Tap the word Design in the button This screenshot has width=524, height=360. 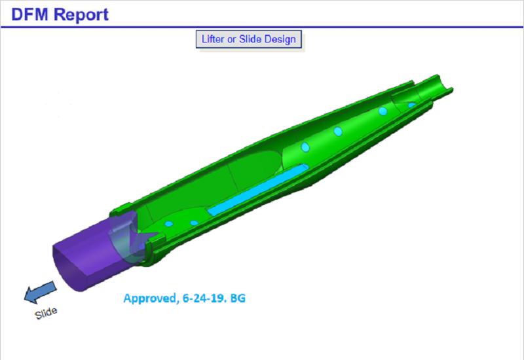click(x=280, y=39)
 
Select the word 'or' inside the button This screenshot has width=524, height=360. click(x=238, y=39)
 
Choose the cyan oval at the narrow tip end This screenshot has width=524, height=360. click(x=411, y=105)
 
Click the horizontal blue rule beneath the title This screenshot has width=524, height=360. click(x=262, y=27)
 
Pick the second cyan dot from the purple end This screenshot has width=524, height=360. click(x=194, y=223)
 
